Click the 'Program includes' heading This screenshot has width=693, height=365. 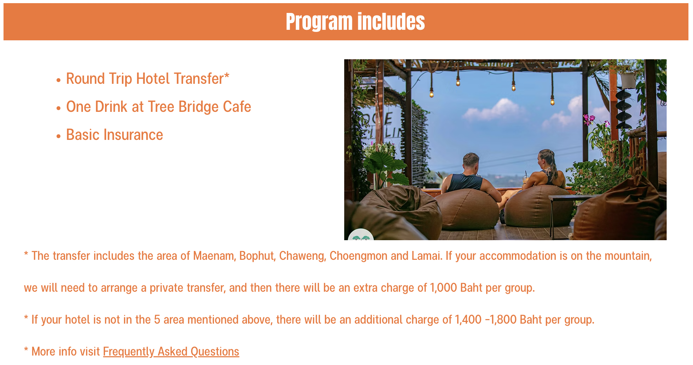[355, 22]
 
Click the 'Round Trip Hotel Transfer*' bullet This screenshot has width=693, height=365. [148, 79]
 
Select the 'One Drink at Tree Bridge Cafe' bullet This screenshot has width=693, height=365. [158, 107]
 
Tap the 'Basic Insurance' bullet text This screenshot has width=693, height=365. [115, 135]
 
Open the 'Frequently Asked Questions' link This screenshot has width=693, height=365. [171, 352]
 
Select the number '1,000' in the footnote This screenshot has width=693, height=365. [443, 288]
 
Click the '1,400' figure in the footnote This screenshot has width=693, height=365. [468, 320]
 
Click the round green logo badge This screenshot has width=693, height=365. [361, 235]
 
